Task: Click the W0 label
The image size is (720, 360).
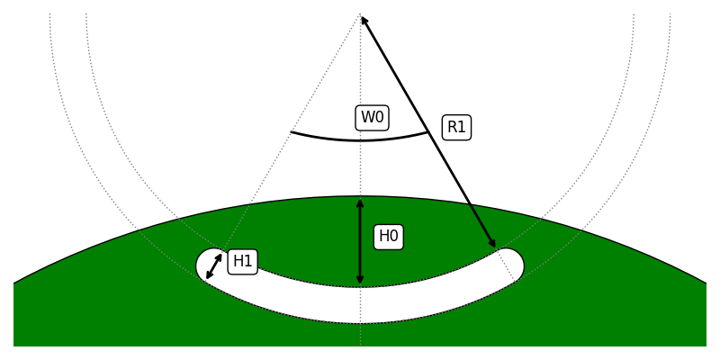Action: coord(373,117)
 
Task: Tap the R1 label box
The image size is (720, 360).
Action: coord(456,127)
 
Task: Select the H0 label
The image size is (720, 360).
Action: coord(388,237)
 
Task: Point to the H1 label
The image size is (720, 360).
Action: coord(242,262)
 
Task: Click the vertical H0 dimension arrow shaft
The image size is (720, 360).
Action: coord(360,241)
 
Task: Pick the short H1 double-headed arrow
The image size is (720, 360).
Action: coord(214,266)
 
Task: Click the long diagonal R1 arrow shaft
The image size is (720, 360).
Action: coord(428,130)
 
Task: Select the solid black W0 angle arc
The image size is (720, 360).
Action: coord(360,140)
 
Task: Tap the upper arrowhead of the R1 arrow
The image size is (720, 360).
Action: coord(364,18)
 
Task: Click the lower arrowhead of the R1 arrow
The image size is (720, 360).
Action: coord(493,244)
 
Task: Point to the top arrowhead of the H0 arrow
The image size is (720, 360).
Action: coord(360,202)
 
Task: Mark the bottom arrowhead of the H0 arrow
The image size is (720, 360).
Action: coord(360,282)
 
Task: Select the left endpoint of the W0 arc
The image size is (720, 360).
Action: coord(292,132)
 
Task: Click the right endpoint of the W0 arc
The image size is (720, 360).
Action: coord(428,132)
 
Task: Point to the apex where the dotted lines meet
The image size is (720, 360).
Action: coord(360,13)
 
